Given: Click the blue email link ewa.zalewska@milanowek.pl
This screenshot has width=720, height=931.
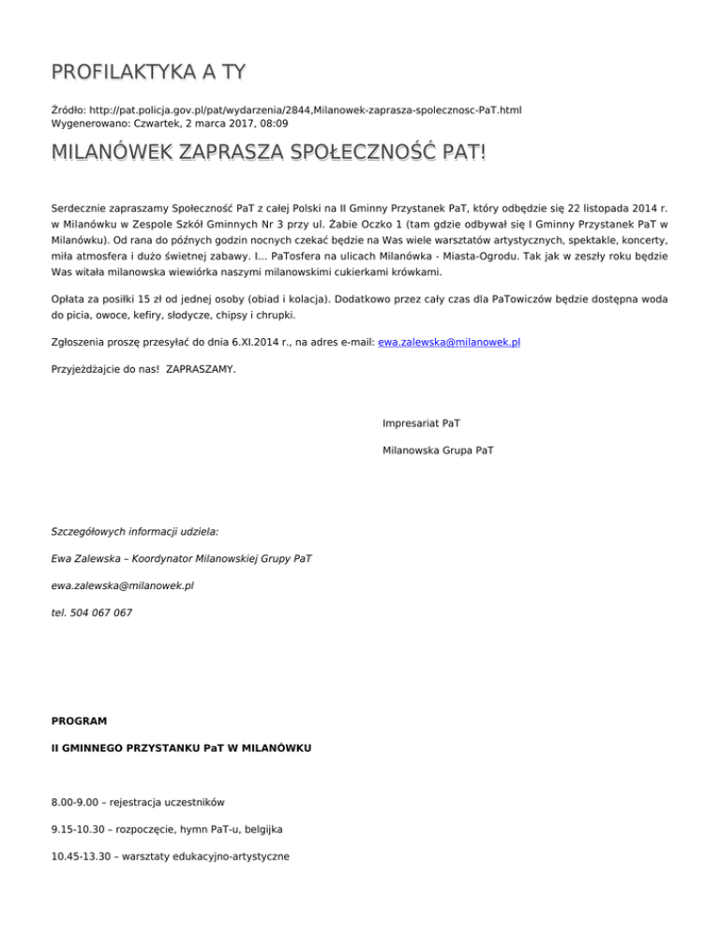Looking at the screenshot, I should click(x=449, y=343).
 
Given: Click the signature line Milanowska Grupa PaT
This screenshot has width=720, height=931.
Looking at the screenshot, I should click(x=439, y=451).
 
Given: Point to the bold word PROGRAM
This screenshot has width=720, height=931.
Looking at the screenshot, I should click(x=79, y=721).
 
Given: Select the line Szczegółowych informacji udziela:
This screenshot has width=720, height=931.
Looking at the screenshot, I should click(x=134, y=531).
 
